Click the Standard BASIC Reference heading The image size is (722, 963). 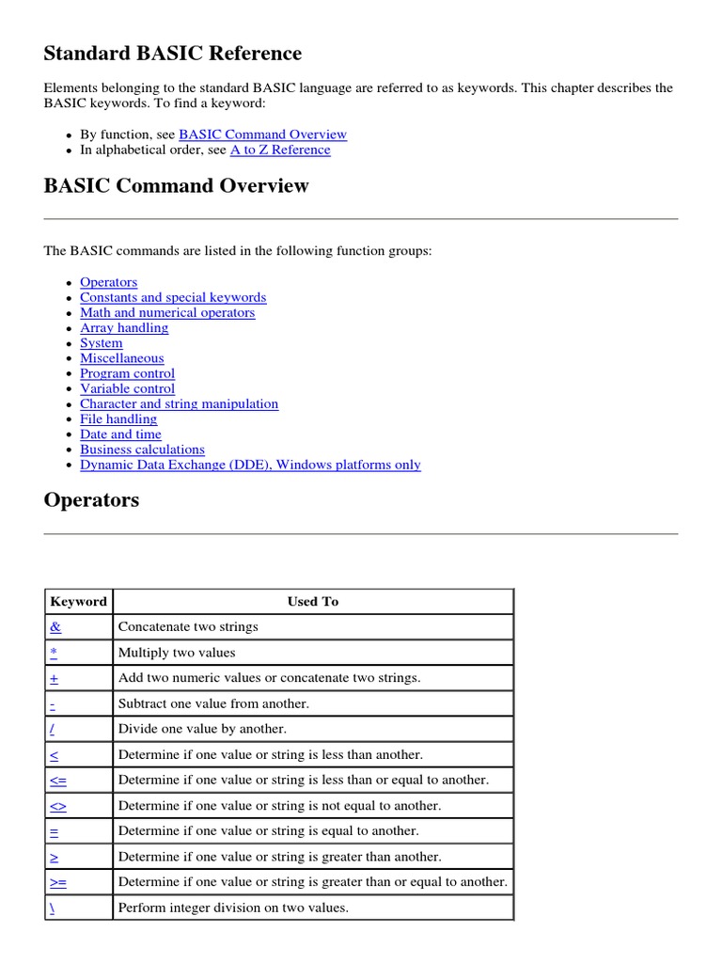coord(173,54)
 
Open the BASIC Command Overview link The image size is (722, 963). coord(262,134)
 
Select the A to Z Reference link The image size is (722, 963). coord(280,150)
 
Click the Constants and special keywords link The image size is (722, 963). coord(173,297)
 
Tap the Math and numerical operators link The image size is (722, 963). coord(167,312)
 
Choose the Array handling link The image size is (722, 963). coord(124,327)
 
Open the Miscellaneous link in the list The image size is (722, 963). coord(122,358)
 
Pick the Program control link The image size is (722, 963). coord(127,373)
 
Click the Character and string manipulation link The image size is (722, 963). coord(179,403)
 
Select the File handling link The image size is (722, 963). coord(118,418)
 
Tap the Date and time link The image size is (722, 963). coord(120,434)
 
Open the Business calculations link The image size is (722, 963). coord(142,450)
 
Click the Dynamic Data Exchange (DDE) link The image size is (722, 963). coord(250,465)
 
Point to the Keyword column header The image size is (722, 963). coord(79,602)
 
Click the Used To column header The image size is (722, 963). coord(313,602)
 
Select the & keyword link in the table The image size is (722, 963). coord(55,627)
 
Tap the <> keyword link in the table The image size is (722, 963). coord(58,806)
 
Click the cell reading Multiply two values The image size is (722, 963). coord(177,653)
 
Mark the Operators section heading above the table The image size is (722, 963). coord(91,500)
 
